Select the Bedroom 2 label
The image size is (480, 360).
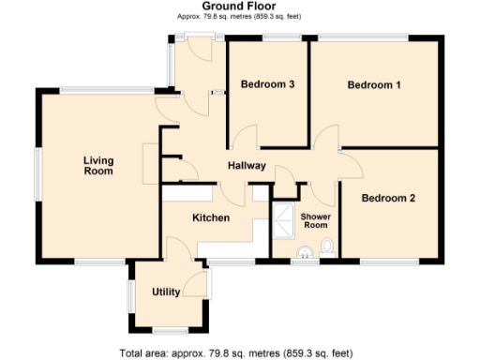388,198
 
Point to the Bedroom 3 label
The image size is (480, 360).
268,84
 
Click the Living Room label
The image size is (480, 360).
97,166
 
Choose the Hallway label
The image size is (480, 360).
247,166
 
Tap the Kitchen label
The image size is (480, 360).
211,217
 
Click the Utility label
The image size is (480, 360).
166,292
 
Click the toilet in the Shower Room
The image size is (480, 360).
326,247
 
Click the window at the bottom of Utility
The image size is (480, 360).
169,331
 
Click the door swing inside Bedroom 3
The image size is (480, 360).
247,137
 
